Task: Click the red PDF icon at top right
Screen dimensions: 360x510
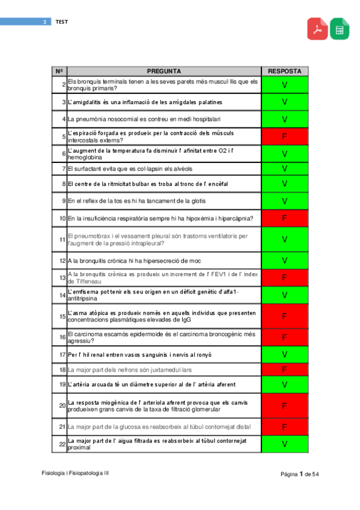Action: (317, 29)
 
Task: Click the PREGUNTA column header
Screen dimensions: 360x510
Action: (163, 71)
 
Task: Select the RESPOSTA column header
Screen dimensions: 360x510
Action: (284, 71)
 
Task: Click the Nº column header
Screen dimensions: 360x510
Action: (59, 71)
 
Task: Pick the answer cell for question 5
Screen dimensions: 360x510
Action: (284, 137)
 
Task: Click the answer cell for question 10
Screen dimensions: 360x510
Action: (284, 218)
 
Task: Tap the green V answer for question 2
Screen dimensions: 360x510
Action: (284, 85)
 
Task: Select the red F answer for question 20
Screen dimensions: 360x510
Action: (284, 406)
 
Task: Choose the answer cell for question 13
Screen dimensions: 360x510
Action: (284, 278)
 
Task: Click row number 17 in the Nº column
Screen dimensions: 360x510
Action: (63, 354)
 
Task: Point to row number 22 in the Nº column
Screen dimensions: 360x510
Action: (63, 444)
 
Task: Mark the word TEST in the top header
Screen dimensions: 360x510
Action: (62, 22)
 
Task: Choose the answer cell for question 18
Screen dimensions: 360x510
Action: (284, 369)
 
